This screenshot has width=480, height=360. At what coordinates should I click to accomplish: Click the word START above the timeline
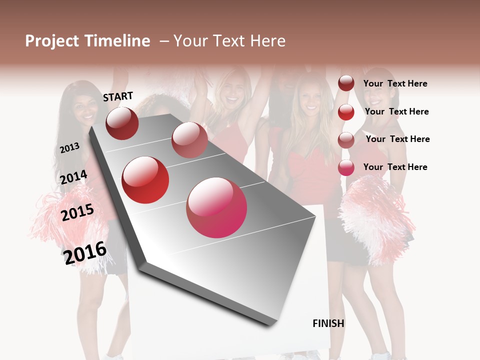click(118, 96)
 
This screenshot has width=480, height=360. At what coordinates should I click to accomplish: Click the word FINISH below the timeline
click(328, 323)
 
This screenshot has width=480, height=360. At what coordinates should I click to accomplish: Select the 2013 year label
click(69, 147)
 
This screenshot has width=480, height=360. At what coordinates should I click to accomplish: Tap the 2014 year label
click(73, 177)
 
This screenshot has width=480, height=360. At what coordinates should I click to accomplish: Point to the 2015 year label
click(77, 212)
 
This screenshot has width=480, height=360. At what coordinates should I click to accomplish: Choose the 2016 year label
click(85, 252)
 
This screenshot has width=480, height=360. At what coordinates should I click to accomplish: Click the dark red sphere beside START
click(122, 123)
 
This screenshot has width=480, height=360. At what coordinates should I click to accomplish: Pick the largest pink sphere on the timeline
click(216, 207)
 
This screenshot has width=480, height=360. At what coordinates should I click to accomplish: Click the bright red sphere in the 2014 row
click(145, 180)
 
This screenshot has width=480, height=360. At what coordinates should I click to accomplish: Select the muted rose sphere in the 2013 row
click(189, 140)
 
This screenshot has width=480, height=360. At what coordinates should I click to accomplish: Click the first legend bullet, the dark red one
click(346, 83)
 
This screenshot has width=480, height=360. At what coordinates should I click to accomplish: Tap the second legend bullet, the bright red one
click(346, 112)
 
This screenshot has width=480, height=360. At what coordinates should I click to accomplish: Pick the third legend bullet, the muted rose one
click(346, 140)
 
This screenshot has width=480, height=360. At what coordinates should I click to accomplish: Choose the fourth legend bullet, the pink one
click(346, 167)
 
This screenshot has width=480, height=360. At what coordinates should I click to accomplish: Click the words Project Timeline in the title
click(87, 41)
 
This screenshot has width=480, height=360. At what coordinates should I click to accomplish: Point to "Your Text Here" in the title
click(229, 41)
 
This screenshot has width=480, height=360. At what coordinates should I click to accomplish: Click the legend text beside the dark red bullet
click(395, 83)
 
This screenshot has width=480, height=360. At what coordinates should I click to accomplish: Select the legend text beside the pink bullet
click(395, 167)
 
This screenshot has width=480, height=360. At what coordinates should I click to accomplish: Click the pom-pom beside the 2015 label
click(60, 220)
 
